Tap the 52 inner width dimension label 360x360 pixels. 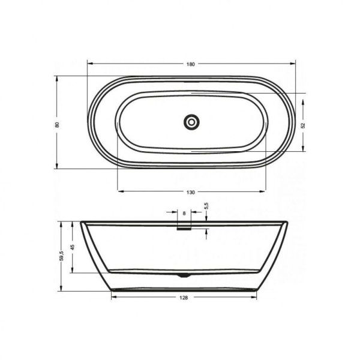click(x=304, y=125)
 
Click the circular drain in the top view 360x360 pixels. click(x=191, y=121)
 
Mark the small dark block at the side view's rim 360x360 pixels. click(x=184, y=227)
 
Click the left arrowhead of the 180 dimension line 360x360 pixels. click(x=90, y=64)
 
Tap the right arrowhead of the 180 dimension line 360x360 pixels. click(x=294, y=64)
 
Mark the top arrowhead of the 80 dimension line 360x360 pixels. click(x=57, y=78)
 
